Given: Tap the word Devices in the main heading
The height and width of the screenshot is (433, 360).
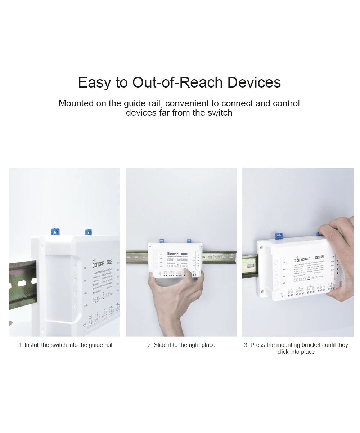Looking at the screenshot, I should [x=254, y=82].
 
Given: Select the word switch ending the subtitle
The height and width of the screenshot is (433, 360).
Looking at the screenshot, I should [x=219, y=113].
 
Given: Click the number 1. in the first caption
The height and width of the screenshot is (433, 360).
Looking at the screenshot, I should [x=21, y=345].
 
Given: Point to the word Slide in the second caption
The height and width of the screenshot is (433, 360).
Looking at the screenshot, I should [x=160, y=345].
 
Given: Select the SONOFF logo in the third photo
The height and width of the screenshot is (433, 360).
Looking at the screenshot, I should [x=301, y=259].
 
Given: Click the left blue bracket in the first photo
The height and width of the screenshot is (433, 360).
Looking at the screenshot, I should [x=55, y=231].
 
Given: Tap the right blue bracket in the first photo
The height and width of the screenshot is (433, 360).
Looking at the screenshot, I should [x=88, y=232].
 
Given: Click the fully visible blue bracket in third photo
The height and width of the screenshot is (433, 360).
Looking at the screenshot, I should [x=278, y=236].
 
